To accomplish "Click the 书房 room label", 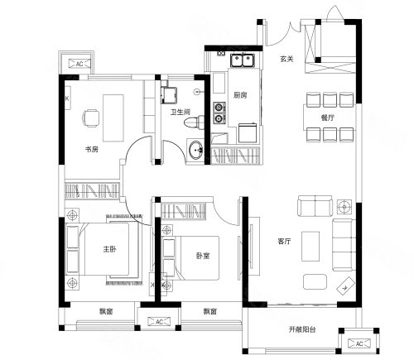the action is pyautogui.click(x=91, y=150).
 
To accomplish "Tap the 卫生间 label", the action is pyautogui.click(x=180, y=112).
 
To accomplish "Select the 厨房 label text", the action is pyautogui.click(x=240, y=95).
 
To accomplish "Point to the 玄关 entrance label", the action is pyautogui.click(x=286, y=59).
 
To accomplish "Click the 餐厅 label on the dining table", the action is pyautogui.click(x=328, y=118).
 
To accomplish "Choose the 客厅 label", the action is pyautogui.click(x=284, y=242).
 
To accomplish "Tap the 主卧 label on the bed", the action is pyautogui.click(x=109, y=249).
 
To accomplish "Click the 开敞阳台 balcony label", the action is pyautogui.click(x=302, y=329).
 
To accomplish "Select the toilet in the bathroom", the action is pyautogui.click(x=195, y=122).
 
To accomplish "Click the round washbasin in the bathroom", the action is pyautogui.click(x=195, y=150).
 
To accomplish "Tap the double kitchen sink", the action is pyautogui.click(x=243, y=60).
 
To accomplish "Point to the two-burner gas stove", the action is pyautogui.click(x=219, y=113).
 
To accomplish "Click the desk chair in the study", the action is pyautogui.click(x=91, y=118).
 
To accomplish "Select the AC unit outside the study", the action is pyautogui.click(x=79, y=64).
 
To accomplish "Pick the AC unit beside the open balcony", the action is pyautogui.click(x=359, y=343).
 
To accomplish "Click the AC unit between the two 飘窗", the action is pyautogui.click(x=159, y=322).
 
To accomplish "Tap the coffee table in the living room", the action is pyautogui.click(x=310, y=247).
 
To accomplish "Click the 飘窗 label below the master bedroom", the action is pyautogui.click(x=106, y=311).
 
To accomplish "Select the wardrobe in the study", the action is pyautogui.click(x=92, y=190).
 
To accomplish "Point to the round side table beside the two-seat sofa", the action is pyautogui.click(x=344, y=207).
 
